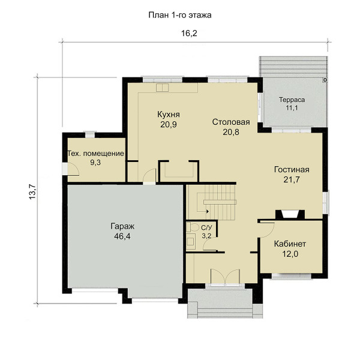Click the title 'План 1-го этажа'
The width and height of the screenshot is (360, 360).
(180, 15)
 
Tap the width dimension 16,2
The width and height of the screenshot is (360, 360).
(189, 34)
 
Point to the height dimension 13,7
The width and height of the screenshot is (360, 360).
(32, 192)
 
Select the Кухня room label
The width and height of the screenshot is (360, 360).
(169, 115)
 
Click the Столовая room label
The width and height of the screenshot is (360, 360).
(231, 122)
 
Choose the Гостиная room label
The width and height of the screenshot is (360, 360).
(292, 170)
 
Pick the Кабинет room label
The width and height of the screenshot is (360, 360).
(290, 244)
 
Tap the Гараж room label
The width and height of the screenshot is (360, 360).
(122, 226)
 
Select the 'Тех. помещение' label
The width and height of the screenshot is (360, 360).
(96, 154)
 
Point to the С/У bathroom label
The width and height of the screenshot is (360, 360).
(206, 228)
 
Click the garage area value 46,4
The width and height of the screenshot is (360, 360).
(122, 236)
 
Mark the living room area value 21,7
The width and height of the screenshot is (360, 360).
(292, 179)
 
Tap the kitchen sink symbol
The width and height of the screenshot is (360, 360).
(162, 88)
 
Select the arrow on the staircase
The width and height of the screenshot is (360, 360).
(207, 211)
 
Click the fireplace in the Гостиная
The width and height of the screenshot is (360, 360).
(290, 215)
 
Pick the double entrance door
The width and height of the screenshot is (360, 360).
(225, 276)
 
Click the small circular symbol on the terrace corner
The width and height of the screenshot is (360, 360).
(325, 80)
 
